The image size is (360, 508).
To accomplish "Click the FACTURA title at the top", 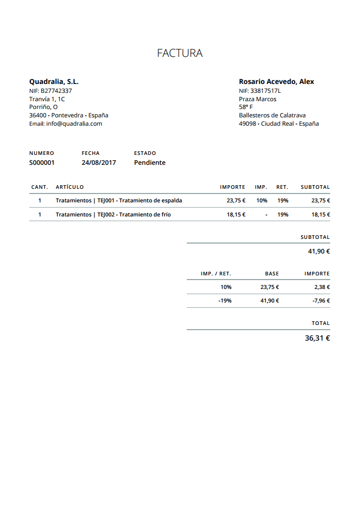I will (x=179, y=53).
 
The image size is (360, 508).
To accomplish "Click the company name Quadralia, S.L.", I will (x=54, y=82).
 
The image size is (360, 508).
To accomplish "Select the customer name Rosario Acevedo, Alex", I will (x=276, y=82).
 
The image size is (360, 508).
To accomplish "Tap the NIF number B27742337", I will (x=51, y=91).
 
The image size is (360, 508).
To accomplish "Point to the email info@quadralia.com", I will (x=66, y=124).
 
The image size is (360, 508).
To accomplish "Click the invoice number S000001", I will (x=42, y=163).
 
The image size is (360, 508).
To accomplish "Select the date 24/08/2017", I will (x=99, y=163).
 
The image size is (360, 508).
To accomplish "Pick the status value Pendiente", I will (x=150, y=163).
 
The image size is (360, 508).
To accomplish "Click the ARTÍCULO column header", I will (x=69, y=187).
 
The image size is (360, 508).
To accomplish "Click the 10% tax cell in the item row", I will (x=261, y=200).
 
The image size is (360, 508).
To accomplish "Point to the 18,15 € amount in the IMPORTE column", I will (x=236, y=214).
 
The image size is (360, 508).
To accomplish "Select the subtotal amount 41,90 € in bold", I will (x=319, y=251).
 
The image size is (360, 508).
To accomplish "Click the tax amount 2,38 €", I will (x=322, y=287).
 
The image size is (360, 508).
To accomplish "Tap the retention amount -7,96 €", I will (x=321, y=300).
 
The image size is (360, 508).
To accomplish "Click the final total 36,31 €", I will (x=317, y=338).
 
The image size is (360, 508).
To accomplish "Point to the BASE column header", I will (x=272, y=274).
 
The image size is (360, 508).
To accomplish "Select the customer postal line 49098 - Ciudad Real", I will (x=279, y=124).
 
